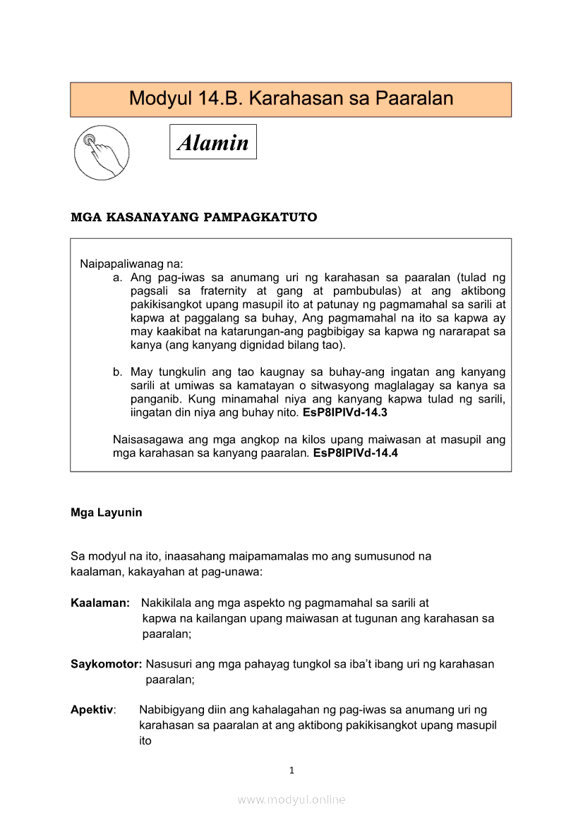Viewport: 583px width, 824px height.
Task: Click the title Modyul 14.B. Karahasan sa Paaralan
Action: tap(291, 99)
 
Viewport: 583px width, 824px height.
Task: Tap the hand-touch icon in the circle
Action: tap(102, 152)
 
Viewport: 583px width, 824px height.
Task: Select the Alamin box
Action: tap(213, 142)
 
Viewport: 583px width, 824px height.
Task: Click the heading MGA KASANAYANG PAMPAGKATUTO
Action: tap(194, 217)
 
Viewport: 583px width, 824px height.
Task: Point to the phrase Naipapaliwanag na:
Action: tap(131, 265)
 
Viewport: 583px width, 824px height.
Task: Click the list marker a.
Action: tap(117, 278)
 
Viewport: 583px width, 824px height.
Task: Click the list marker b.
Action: tap(117, 372)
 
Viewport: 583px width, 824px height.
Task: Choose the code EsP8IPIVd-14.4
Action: tap(355, 453)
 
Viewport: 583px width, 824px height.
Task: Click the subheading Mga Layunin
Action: tap(106, 512)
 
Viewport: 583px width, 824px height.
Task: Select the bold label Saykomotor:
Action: tap(107, 664)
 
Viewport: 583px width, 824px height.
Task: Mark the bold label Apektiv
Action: tap(92, 710)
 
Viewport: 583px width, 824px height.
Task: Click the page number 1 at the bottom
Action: tap(291, 770)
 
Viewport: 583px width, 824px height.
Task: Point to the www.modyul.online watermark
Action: tap(291, 800)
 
